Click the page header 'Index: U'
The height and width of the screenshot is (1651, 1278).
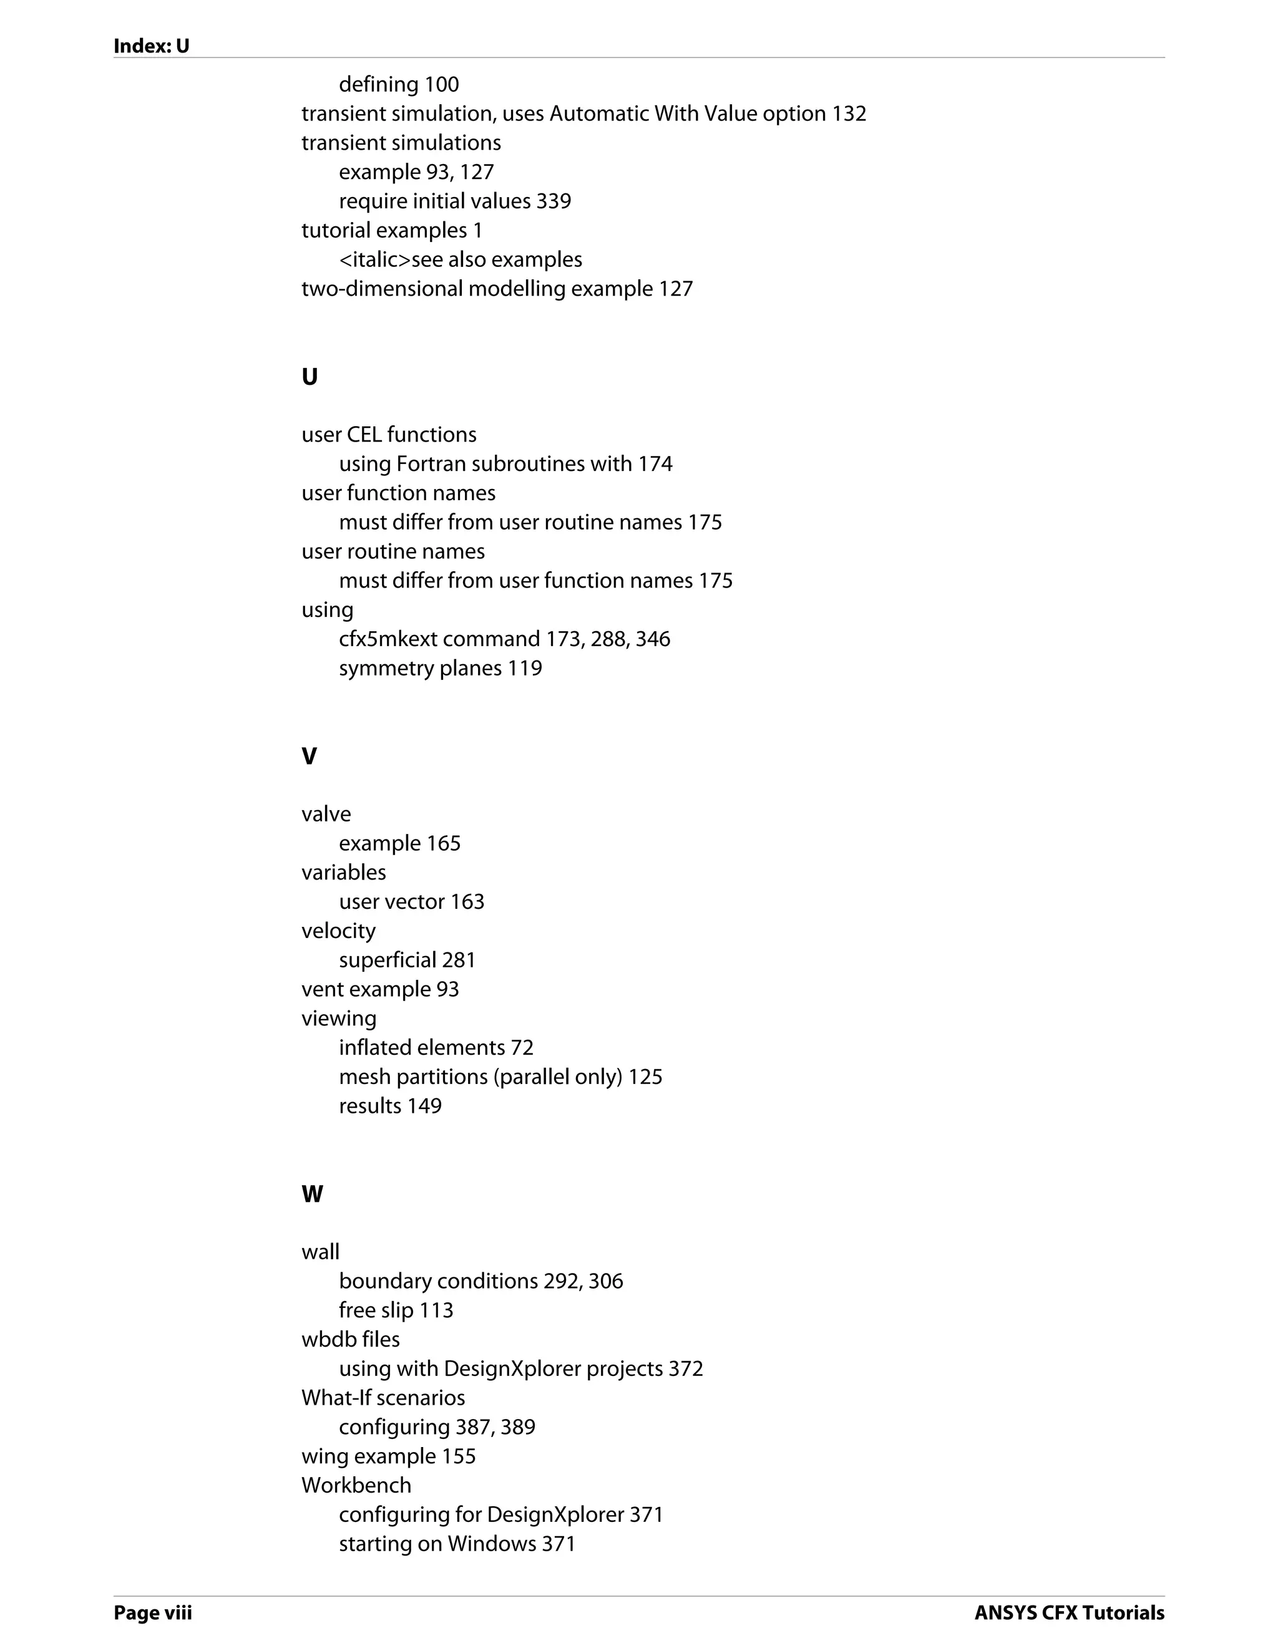(151, 46)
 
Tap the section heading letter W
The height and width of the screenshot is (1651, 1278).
(311, 1194)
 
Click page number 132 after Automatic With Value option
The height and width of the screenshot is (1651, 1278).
(849, 114)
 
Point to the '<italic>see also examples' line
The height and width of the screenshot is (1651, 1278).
(460, 259)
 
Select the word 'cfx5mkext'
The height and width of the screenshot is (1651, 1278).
(388, 639)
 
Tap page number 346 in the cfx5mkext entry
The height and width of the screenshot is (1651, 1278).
(653, 639)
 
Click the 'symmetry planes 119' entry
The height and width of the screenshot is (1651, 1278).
(440, 668)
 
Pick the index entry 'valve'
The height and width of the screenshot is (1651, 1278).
(326, 814)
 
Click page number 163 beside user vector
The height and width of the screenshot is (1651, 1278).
(467, 901)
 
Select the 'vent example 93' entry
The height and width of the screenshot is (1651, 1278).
(379, 989)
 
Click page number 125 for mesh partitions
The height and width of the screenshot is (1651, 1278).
(645, 1077)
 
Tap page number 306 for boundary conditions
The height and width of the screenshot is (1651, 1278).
(606, 1281)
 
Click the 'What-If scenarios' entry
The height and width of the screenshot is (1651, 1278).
(383, 1398)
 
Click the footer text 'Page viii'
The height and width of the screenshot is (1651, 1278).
(153, 1613)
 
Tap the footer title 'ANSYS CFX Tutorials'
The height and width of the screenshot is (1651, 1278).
(1068, 1613)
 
